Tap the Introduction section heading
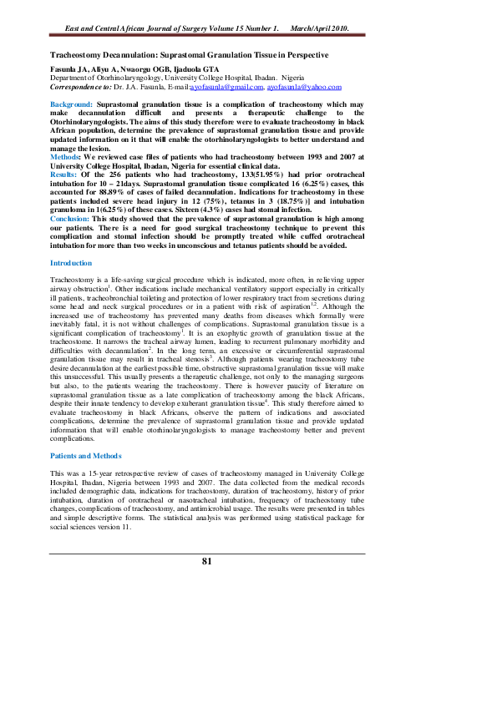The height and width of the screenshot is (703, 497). pyautogui.click(x=71, y=264)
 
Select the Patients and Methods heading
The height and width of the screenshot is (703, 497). pyautogui.click(x=86, y=456)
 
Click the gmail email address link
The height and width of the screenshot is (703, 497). pyautogui.click(x=227, y=87)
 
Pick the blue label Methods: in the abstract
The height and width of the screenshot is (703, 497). pyautogui.click(x=66, y=156)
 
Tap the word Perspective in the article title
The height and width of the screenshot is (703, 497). pyautogui.click(x=303, y=54)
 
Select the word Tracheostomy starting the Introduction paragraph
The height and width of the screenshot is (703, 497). pyautogui.click(x=71, y=281)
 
